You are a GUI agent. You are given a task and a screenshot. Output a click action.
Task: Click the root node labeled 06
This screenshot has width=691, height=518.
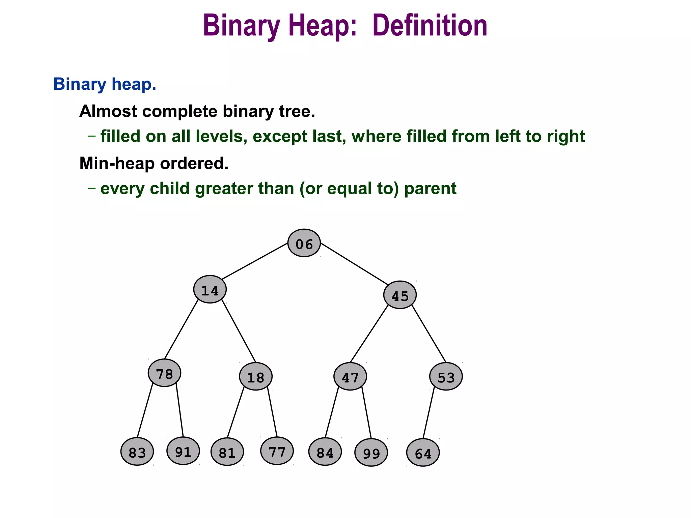(x=304, y=243)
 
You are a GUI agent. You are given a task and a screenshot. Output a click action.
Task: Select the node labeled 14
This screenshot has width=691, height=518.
(x=210, y=289)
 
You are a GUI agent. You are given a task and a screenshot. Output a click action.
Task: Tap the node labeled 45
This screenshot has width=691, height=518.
(x=400, y=295)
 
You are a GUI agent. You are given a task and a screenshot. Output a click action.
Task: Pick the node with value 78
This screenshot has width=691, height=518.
(x=164, y=373)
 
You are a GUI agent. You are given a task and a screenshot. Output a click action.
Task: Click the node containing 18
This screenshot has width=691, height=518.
(x=256, y=376)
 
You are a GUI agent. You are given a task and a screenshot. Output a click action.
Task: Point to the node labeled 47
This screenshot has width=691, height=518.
(x=350, y=376)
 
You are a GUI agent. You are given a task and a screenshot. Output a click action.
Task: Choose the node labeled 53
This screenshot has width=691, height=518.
(x=446, y=376)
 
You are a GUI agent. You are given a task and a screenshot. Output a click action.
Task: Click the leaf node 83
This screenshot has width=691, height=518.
(x=137, y=452)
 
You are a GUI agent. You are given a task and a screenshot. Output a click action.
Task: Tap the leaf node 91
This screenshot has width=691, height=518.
(x=183, y=451)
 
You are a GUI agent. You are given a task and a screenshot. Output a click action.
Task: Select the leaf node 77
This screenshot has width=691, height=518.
(x=277, y=451)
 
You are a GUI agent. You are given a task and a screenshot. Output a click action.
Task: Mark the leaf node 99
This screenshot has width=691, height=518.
(x=371, y=453)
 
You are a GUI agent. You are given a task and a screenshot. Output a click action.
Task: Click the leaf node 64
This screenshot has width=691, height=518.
(x=423, y=453)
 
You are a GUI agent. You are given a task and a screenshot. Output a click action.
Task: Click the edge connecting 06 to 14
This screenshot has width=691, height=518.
(x=255, y=261)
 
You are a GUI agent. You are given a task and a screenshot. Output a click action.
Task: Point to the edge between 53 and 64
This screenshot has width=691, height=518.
(x=429, y=413)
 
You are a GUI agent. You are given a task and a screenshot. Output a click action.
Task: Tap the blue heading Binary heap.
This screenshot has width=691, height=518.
(x=105, y=84)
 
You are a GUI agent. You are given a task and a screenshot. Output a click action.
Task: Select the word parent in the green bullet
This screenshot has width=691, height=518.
(x=430, y=189)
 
